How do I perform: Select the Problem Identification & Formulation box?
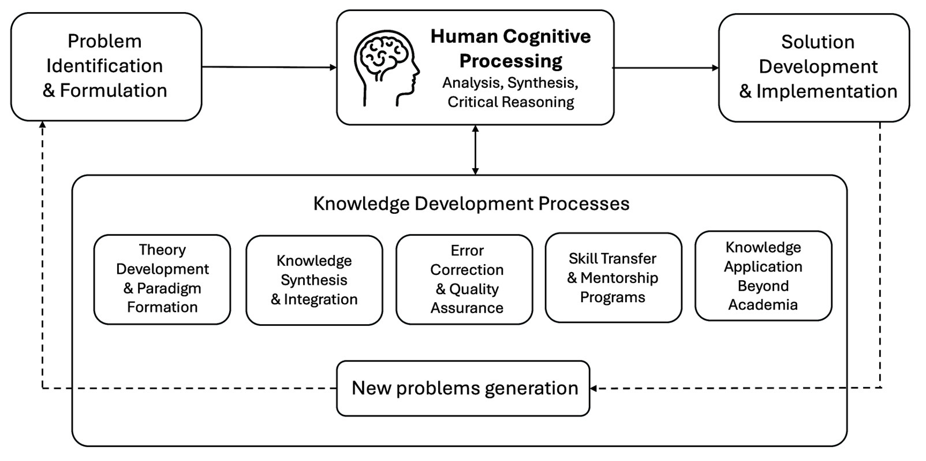click(x=106, y=66)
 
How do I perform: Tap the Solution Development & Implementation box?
click(x=814, y=68)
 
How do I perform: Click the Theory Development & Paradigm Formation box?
click(x=162, y=280)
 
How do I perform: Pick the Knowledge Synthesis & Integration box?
click(x=314, y=280)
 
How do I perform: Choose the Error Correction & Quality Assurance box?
click(x=464, y=280)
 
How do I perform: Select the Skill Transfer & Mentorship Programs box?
click(x=614, y=277)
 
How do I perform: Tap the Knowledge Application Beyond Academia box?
click(x=763, y=276)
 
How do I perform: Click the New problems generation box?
click(x=463, y=388)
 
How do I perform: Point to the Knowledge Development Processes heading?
click(x=471, y=203)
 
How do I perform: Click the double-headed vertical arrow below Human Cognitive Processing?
click(x=475, y=150)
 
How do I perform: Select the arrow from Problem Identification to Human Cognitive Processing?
click(x=269, y=67)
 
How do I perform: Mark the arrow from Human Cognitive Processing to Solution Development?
click(x=666, y=68)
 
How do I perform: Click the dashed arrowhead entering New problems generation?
click(x=593, y=388)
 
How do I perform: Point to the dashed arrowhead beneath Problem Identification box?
click(x=42, y=125)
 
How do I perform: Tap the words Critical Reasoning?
click(x=511, y=102)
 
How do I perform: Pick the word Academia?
click(x=763, y=304)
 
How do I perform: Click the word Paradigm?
click(x=169, y=288)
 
